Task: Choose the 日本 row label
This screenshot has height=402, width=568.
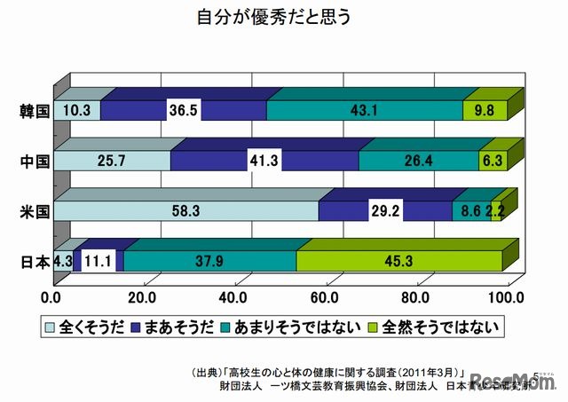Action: (x=34, y=261)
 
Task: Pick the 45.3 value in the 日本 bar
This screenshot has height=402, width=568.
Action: (x=399, y=261)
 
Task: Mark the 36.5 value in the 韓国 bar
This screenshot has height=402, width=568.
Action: (x=184, y=111)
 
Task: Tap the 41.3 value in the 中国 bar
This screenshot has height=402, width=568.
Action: (x=265, y=161)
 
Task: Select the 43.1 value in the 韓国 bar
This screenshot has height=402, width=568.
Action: (x=364, y=111)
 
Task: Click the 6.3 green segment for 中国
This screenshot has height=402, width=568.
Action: (x=491, y=161)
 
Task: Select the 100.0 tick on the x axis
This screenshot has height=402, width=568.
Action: (x=508, y=295)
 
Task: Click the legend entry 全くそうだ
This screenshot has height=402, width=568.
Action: (x=89, y=327)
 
